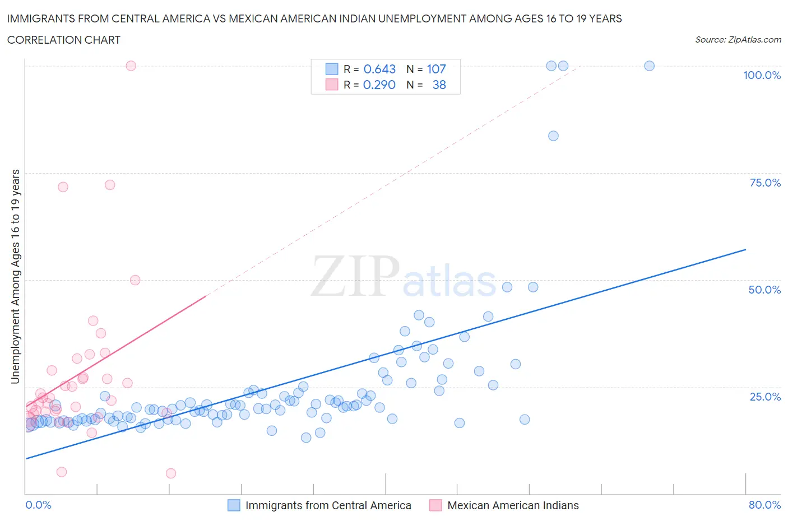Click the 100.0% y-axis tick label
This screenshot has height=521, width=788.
[762, 75]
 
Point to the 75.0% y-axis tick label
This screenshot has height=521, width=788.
[765, 183]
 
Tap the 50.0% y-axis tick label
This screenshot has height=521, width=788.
[764, 290]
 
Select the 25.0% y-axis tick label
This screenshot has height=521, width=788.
[765, 397]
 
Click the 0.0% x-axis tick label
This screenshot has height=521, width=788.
[38, 505]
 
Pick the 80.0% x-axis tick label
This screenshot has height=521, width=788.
[764, 505]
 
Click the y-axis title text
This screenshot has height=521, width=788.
[15, 277]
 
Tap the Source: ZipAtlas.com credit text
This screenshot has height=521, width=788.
[738, 39]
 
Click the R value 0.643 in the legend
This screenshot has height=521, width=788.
[379, 69]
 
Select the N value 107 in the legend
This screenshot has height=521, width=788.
[436, 69]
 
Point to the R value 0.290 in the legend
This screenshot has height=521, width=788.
[379, 85]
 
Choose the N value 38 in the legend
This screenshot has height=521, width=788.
[439, 85]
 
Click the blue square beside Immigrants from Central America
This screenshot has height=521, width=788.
[234, 505]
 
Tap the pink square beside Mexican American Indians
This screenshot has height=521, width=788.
[435, 505]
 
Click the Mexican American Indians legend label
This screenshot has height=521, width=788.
[513, 505]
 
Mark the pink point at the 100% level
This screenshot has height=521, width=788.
[131, 66]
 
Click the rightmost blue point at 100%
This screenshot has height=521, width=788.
[649, 66]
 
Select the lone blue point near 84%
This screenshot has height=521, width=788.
[553, 136]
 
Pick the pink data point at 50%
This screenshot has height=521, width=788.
[135, 280]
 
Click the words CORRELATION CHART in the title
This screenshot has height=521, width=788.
[64, 40]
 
